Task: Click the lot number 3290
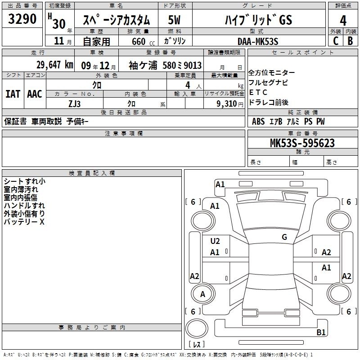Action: pyautogui.click(x=22, y=19)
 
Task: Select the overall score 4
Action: pyautogui.click(x=343, y=20)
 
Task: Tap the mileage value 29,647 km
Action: pyautogui.click(x=54, y=65)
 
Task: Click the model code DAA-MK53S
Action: pyautogui.click(x=258, y=41)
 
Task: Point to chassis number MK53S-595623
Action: pyautogui.click(x=302, y=143)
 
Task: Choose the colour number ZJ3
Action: pyautogui.click(x=74, y=104)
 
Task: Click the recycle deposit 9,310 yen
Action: pyautogui.click(x=230, y=104)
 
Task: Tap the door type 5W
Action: pyautogui.click(x=174, y=20)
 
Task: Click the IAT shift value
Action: pyautogui.click(x=13, y=94)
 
